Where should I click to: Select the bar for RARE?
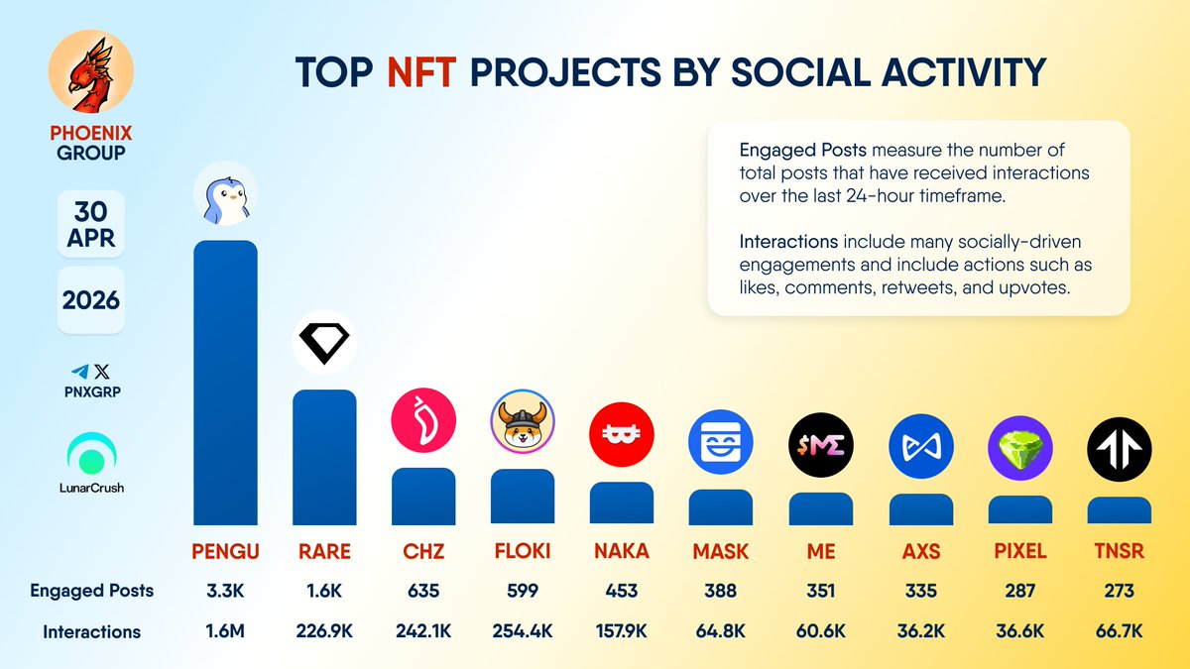coord(324,456)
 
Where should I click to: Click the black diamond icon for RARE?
coord(324,343)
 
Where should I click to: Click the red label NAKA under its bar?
coord(622,551)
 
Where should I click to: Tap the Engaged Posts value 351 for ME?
coord(821,591)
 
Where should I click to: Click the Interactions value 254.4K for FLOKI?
coord(523,631)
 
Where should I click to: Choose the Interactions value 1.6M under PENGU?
coord(225,631)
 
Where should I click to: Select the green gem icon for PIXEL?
coord(1019,448)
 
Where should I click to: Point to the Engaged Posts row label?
coord(91,591)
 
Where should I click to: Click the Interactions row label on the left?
coord(91,631)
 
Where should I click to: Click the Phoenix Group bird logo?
coord(90,75)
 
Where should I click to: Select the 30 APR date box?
coord(91,224)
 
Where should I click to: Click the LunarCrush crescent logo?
coord(91,456)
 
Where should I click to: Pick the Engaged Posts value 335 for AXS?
coord(920,591)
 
